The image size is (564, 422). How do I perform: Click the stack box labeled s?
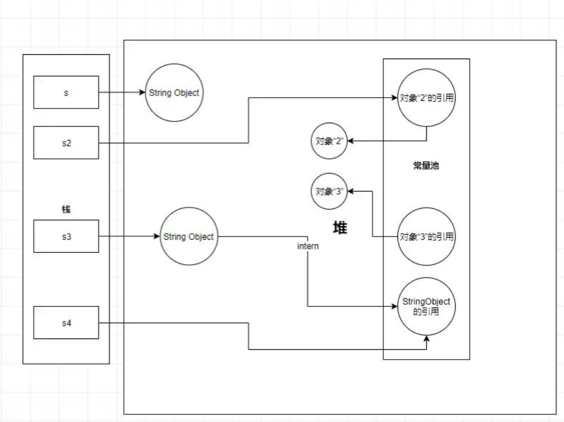[66, 92]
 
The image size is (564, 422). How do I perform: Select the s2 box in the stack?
[66, 143]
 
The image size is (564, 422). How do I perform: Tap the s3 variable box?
[66, 236]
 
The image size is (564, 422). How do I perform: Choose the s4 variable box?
[66, 323]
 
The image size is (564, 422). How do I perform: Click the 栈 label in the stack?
[66, 209]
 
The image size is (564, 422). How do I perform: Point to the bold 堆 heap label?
[340, 228]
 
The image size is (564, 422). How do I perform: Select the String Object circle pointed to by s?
[174, 93]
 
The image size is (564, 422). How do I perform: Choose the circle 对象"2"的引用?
[426, 99]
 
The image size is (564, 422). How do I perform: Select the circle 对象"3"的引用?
[426, 236]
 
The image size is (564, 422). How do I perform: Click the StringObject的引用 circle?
[426, 306]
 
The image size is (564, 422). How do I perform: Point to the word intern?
[307, 246]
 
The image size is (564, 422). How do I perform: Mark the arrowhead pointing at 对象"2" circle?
[350, 141]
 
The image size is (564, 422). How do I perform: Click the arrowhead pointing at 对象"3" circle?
[350, 191]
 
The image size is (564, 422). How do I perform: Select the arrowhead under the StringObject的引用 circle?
[426, 338]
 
